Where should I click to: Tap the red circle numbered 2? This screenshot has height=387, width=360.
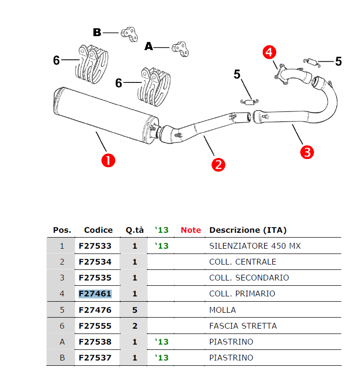point(218,165)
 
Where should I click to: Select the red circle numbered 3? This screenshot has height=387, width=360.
point(307,152)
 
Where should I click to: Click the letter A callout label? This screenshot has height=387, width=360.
point(149,47)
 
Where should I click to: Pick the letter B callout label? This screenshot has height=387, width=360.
point(97,32)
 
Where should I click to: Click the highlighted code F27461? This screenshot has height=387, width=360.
point(95,294)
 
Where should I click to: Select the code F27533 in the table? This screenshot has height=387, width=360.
point(95,246)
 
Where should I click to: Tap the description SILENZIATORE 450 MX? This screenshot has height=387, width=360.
point(255,246)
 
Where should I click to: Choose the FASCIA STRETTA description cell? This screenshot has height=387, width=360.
point(243,326)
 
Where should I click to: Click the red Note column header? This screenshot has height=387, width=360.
point(191,230)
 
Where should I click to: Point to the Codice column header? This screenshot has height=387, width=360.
point(98,230)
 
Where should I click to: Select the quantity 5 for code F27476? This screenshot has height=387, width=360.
point(135,310)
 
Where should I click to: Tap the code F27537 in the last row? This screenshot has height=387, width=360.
point(95,358)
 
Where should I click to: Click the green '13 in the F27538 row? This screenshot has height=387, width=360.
point(162,342)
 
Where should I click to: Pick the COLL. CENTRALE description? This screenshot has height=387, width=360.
point(243,262)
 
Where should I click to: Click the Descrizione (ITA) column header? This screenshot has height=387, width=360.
point(248,230)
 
